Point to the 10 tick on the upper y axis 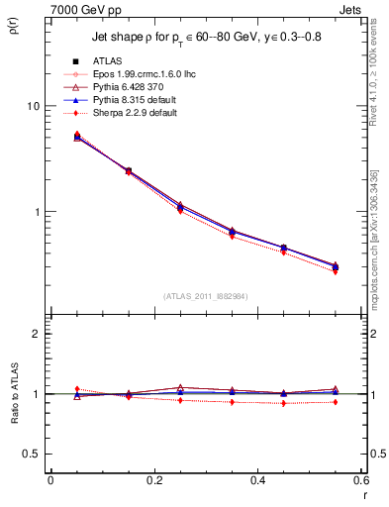pos(32,106)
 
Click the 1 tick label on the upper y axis pos(36,212)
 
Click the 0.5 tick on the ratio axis pos(30,454)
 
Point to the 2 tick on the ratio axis pos(36,334)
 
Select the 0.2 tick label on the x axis pos(153,480)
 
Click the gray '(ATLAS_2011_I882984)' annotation pos(206,296)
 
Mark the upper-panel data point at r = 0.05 pos(77,137)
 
